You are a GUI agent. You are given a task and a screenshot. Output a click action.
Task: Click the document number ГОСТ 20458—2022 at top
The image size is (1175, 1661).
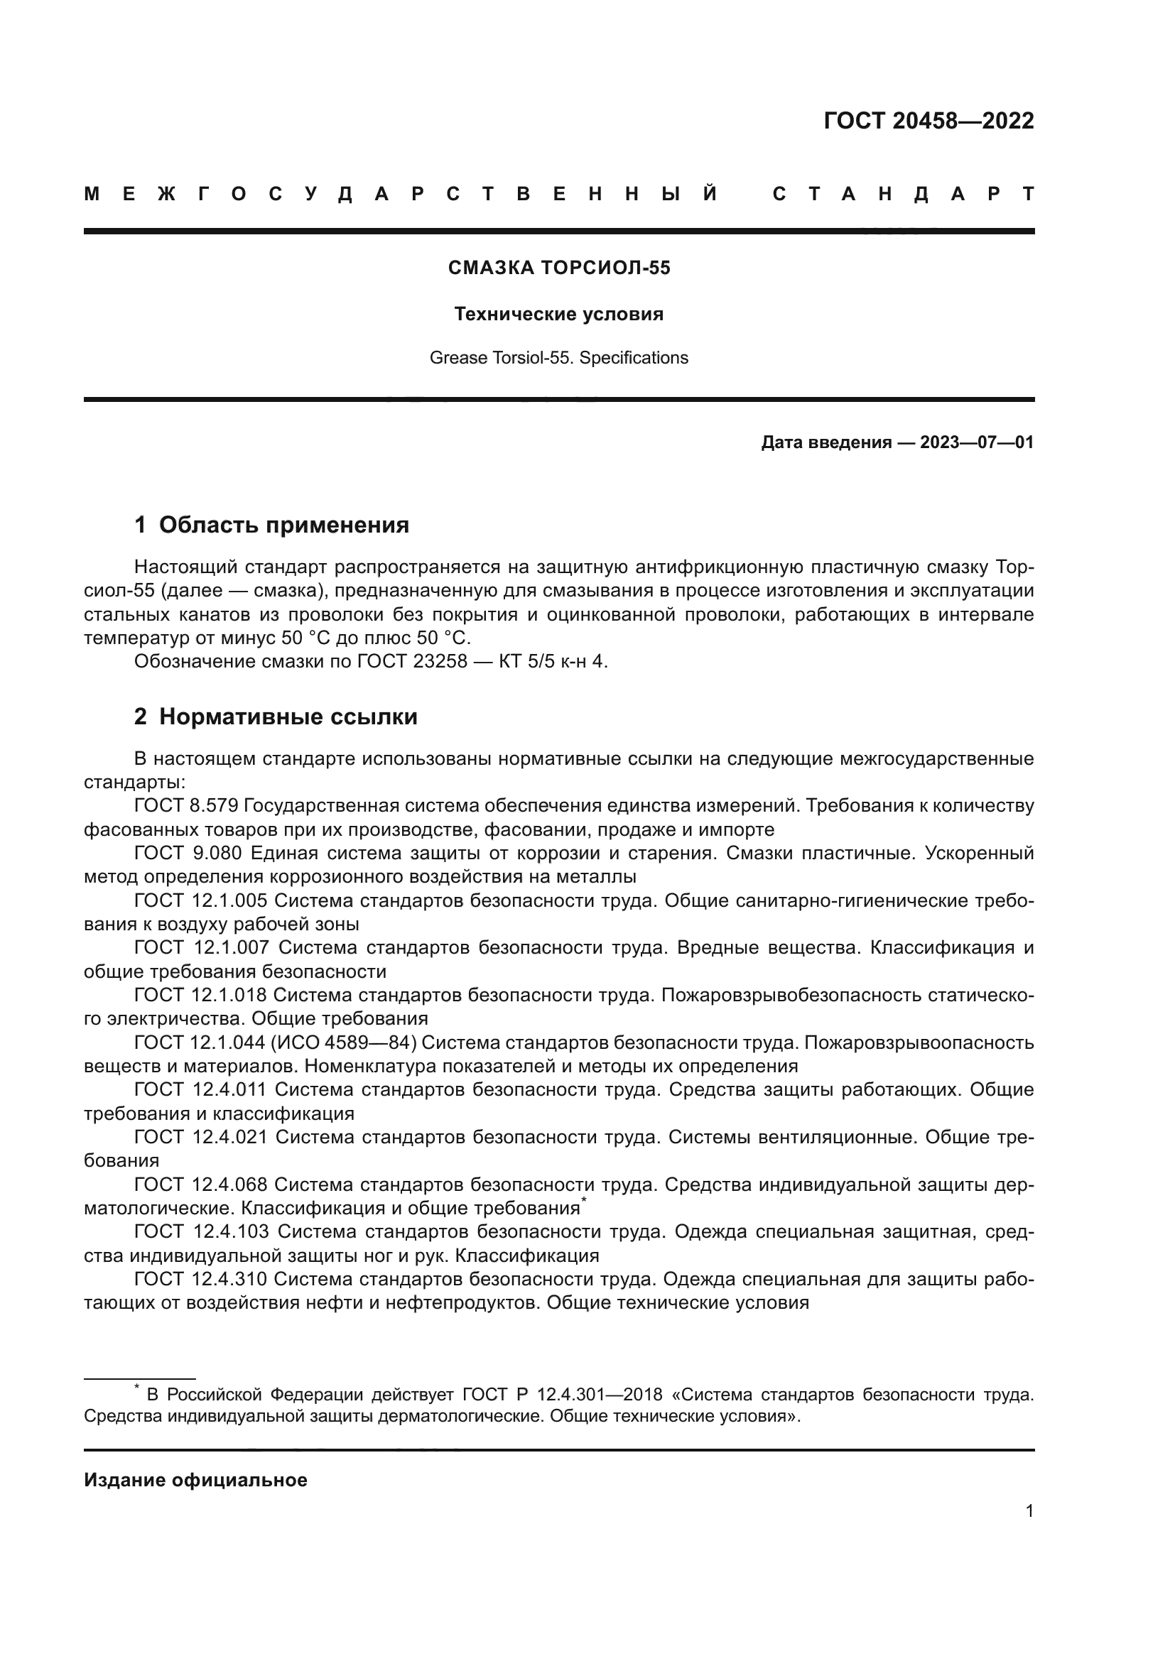click(x=928, y=121)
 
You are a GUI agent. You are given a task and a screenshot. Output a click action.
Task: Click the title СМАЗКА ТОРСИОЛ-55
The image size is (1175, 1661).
click(x=559, y=268)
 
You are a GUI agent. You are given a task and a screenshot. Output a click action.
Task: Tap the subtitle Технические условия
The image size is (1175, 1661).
click(x=558, y=315)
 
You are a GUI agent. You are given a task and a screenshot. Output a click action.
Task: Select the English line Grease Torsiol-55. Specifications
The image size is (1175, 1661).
click(x=558, y=358)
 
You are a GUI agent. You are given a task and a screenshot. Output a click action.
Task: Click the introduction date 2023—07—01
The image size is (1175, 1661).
click(x=977, y=442)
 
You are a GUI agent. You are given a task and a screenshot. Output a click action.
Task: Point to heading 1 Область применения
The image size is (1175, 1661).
click(x=271, y=525)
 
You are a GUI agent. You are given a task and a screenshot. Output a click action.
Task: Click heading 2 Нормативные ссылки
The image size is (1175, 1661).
click(x=276, y=717)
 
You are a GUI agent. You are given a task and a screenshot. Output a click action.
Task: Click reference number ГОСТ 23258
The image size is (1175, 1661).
click(x=413, y=662)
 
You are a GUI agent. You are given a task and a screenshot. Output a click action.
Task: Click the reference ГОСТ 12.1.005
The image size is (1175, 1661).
click(x=200, y=901)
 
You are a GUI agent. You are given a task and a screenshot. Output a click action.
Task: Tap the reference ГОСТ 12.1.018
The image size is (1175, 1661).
click(x=199, y=996)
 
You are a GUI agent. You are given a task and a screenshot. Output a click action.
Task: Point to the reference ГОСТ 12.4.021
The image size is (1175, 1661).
click(x=200, y=1138)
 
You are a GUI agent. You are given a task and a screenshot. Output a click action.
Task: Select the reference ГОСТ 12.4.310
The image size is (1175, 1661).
click(x=200, y=1280)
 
